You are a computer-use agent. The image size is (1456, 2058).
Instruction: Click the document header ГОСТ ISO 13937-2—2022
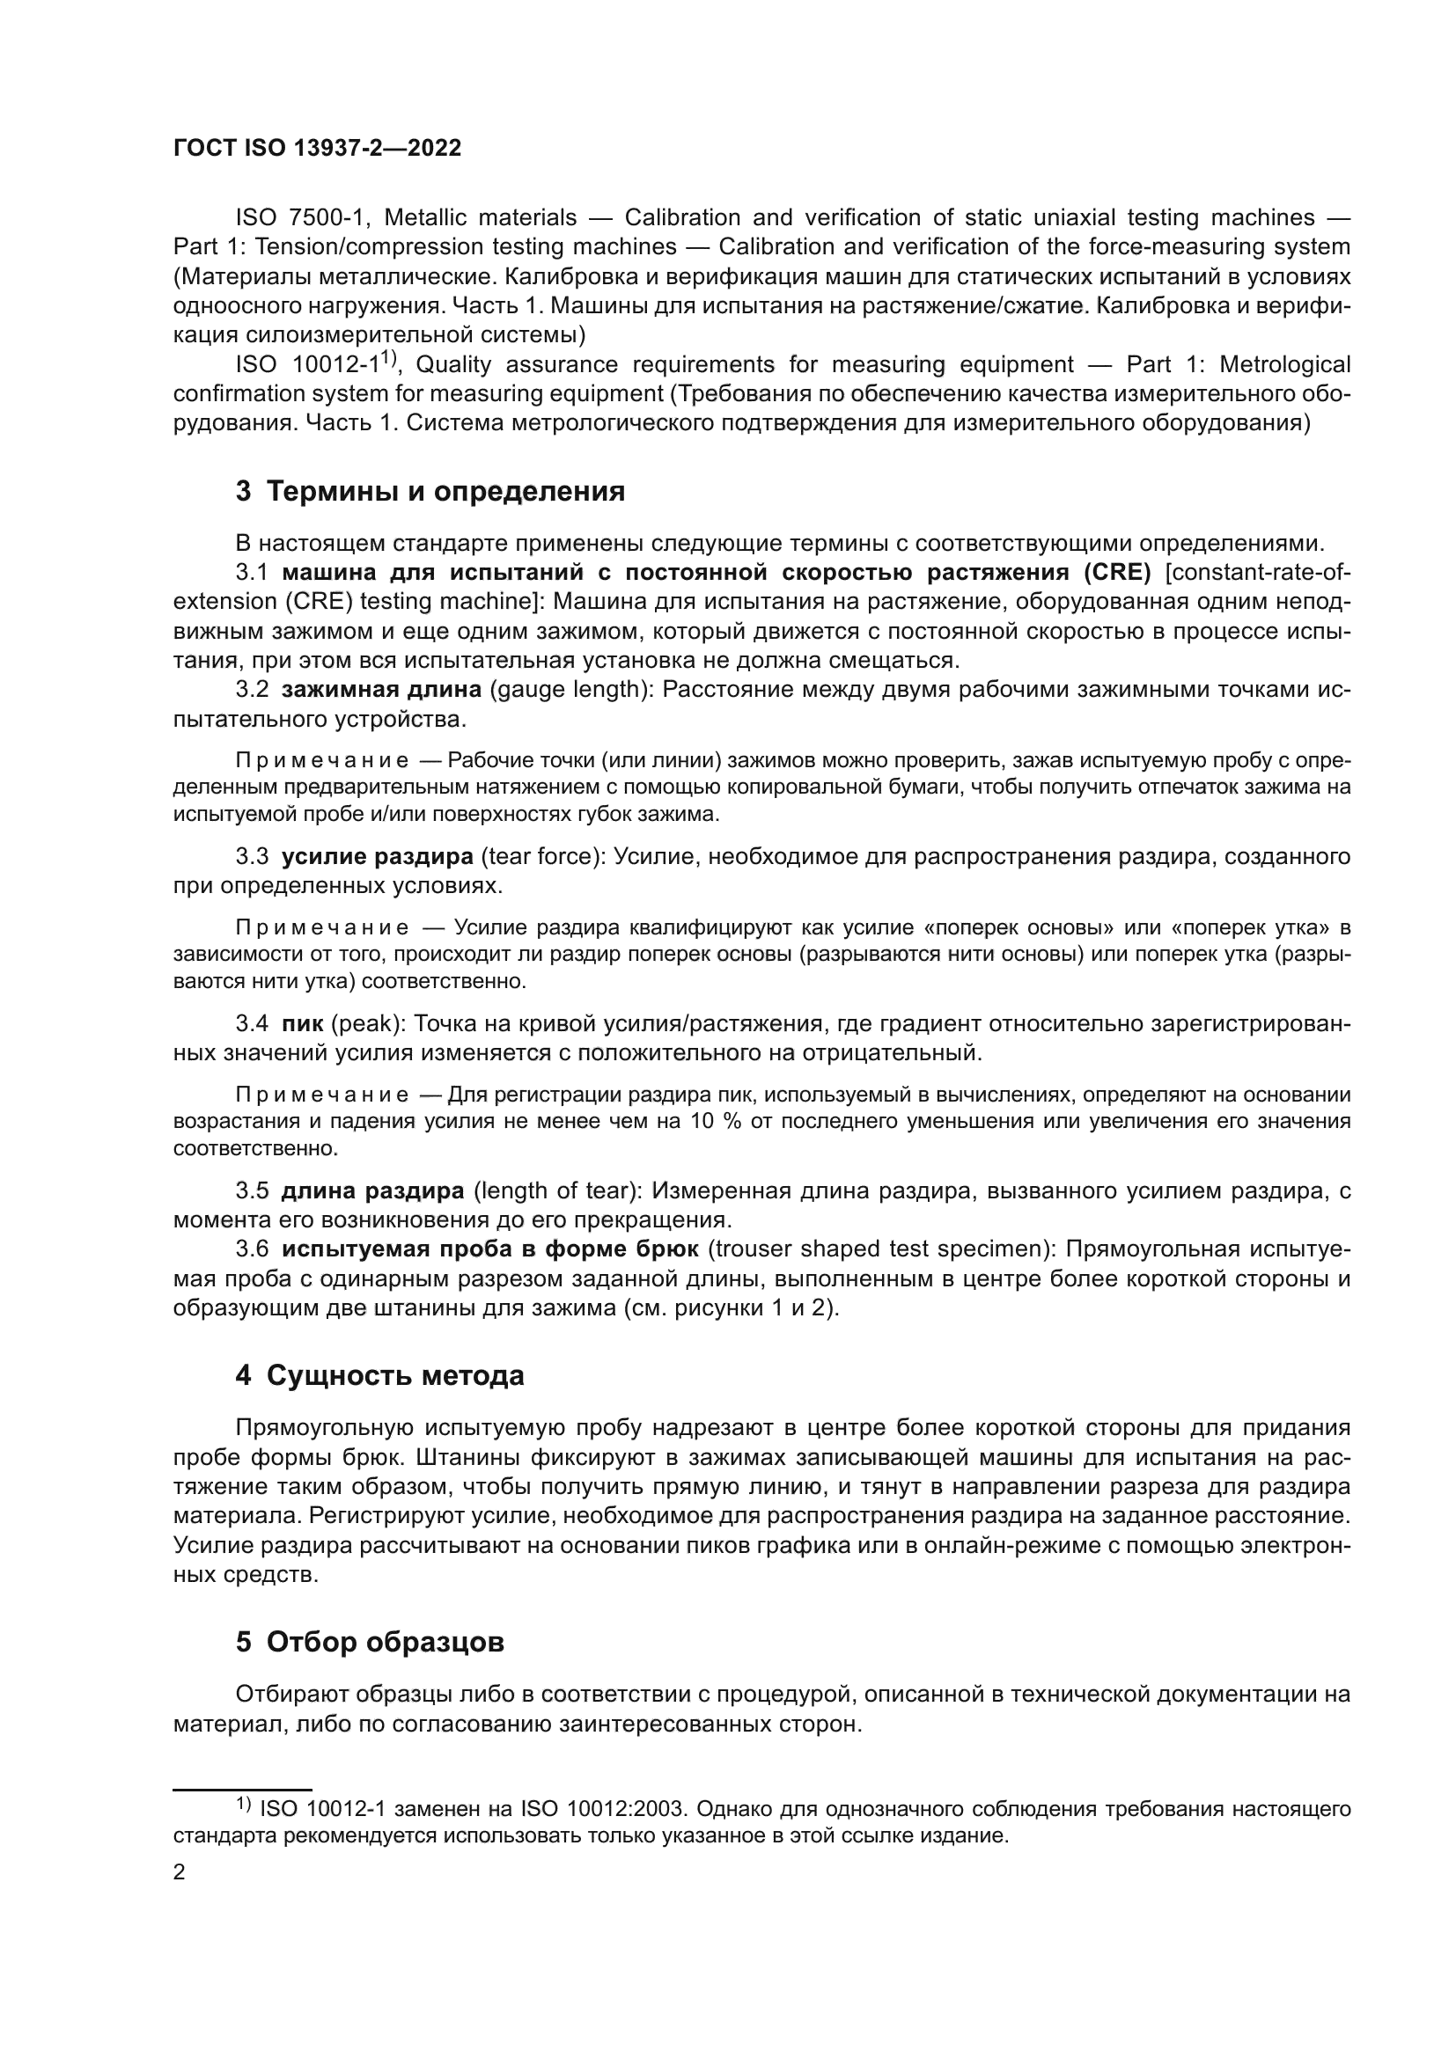[317, 149]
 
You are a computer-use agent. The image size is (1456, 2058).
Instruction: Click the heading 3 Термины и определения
[430, 491]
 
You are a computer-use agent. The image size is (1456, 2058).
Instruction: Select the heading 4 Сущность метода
[379, 1375]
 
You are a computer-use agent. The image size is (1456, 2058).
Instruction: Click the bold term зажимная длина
[381, 689]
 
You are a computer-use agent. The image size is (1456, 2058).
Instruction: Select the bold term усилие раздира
[378, 856]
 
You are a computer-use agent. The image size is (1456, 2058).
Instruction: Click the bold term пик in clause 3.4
[302, 1022]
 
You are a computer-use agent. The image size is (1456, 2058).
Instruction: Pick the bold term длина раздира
[373, 1190]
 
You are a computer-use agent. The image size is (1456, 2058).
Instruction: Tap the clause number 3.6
[252, 1249]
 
